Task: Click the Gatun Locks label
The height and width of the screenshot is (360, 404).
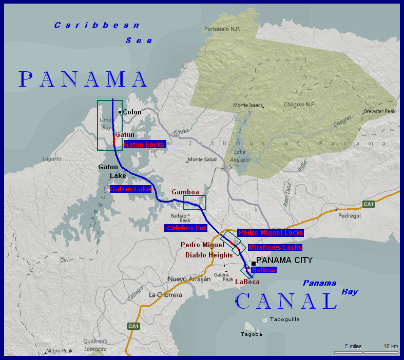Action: point(144,144)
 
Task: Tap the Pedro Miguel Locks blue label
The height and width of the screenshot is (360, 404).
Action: point(271,232)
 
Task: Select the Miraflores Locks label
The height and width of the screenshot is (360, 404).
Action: point(275,247)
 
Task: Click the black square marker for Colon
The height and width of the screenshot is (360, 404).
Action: point(120,112)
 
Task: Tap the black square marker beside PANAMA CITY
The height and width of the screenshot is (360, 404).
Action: point(253,264)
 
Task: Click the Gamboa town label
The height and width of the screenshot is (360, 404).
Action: point(185,191)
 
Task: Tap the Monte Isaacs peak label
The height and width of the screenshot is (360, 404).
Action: point(248,105)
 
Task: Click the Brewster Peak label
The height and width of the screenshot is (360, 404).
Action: point(379,111)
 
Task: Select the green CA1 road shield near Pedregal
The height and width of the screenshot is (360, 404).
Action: point(369,204)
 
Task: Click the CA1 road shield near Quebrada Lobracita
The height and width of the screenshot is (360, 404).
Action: point(133,326)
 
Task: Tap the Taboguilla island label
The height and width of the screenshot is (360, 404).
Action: point(285,319)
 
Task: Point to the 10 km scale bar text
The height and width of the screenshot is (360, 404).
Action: point(391,346)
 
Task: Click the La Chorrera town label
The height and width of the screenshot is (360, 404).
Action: point(165,295)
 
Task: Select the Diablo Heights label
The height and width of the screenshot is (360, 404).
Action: point(209,254)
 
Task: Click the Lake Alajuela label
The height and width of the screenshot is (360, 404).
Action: point(240,156)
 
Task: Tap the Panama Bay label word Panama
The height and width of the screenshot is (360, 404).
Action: point(319,283)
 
